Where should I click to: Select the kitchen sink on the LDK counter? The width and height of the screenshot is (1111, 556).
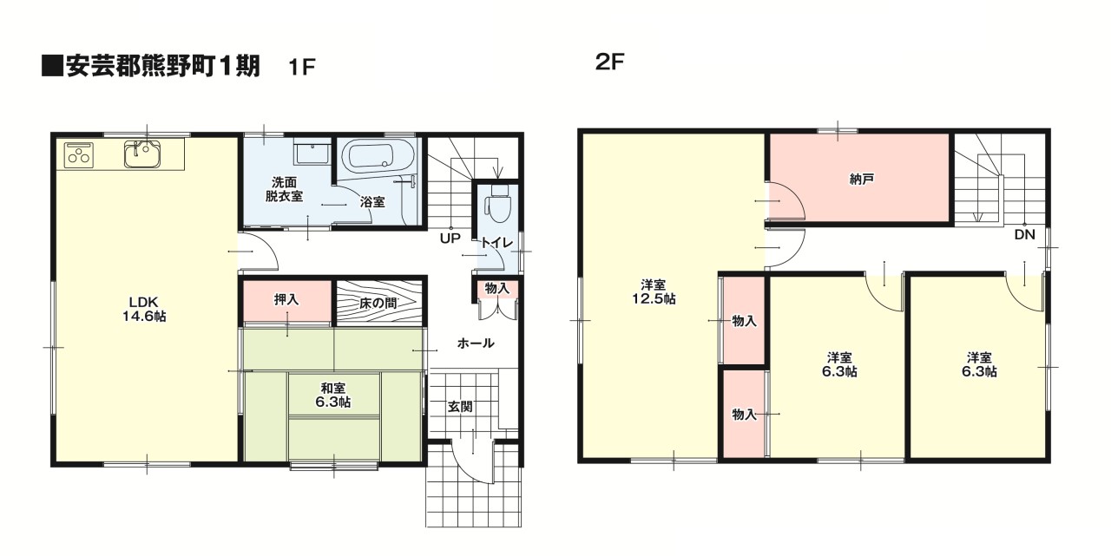143,154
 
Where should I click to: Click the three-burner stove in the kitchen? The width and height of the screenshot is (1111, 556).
79,154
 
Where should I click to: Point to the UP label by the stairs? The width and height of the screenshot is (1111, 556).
450,239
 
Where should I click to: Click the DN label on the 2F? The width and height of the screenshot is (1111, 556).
1025,234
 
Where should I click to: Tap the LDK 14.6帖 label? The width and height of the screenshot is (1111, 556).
144,309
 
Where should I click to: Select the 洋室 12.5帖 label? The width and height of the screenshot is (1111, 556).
654,291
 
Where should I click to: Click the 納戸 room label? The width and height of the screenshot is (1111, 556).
861,179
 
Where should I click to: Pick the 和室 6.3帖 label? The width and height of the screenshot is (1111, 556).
332,395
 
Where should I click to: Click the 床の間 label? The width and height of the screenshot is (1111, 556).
378,303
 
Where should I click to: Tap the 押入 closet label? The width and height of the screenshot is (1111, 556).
286,300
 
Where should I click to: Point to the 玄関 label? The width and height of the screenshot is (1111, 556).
460,407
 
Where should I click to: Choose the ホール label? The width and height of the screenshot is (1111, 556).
476,343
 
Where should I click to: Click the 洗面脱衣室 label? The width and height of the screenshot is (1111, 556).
284,189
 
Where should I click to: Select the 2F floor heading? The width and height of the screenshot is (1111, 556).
609,62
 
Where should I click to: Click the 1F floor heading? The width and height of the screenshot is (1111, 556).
301,67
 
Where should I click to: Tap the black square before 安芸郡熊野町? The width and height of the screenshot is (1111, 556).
52,67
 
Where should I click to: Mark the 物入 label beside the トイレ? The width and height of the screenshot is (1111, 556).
497,288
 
